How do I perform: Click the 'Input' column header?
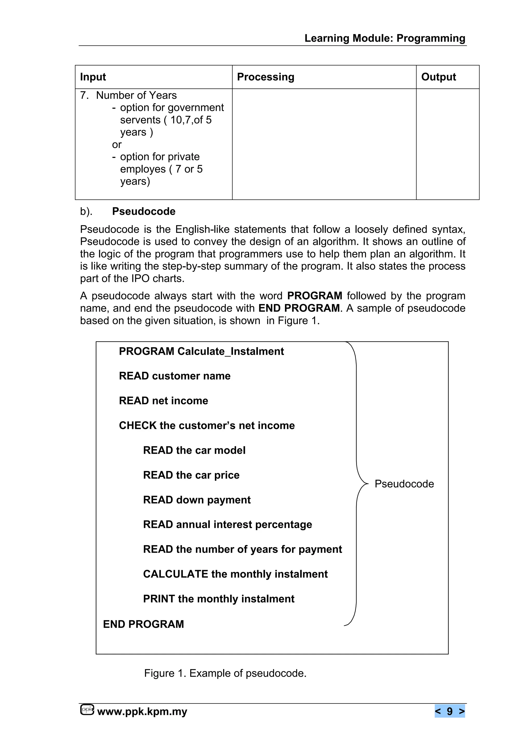tap(93, 77)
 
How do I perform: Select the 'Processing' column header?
tap(265, 77)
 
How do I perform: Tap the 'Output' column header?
tap(438, 77)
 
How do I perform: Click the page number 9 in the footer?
tap(449, 711)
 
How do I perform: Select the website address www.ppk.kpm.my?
tap(142, 711)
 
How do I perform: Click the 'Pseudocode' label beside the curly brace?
tap(404, 484)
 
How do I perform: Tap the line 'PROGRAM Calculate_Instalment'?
tap(201, 351)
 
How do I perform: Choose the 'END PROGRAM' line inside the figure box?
tap(143, 624)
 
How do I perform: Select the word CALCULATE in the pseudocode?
tap(176, 574)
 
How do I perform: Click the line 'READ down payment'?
tap(197, 500)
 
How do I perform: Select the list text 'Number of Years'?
tap(136, 95)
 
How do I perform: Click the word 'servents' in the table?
tap(140, 120)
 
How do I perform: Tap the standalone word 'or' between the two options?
tap(117, 145)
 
